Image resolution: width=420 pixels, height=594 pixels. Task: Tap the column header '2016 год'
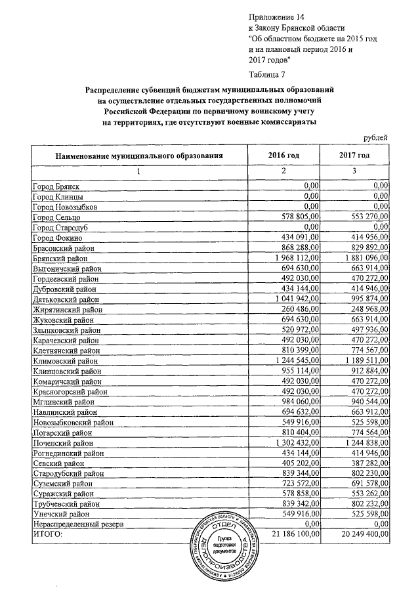click(283, 155)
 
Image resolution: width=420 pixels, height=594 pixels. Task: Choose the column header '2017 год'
click(354, 155)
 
